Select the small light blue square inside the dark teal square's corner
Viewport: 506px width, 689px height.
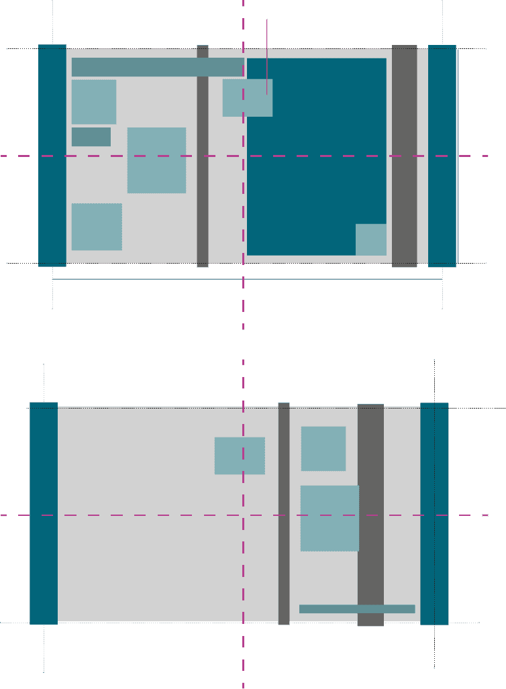[370, 240]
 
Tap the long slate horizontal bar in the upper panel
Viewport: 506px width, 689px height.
[158, 67]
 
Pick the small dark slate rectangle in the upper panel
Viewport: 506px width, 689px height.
[91, 137]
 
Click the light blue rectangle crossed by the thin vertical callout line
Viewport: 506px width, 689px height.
[248, 98]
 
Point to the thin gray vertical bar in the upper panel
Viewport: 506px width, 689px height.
[203, 156]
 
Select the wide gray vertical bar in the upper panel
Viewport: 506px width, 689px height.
[405, 156]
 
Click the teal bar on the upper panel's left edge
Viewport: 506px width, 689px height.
[52, 156]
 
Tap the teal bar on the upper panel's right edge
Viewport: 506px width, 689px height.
[442, 156]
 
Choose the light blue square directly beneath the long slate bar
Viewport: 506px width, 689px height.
[94, 102]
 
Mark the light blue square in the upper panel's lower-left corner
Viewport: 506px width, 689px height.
[97, 227]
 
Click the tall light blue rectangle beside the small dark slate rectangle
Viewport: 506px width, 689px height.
[156, 160]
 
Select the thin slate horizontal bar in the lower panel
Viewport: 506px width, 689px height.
[357, 608]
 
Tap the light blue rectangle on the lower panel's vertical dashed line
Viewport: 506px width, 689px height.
[240, 456]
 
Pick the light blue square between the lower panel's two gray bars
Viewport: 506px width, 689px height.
[323, 449]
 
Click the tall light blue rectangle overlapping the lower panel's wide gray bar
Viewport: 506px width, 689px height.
[330, 518]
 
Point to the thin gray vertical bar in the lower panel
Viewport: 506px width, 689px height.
[284, 514]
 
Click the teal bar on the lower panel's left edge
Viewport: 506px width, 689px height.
[44, 513]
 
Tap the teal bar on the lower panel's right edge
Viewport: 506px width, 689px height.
[434, 513]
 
